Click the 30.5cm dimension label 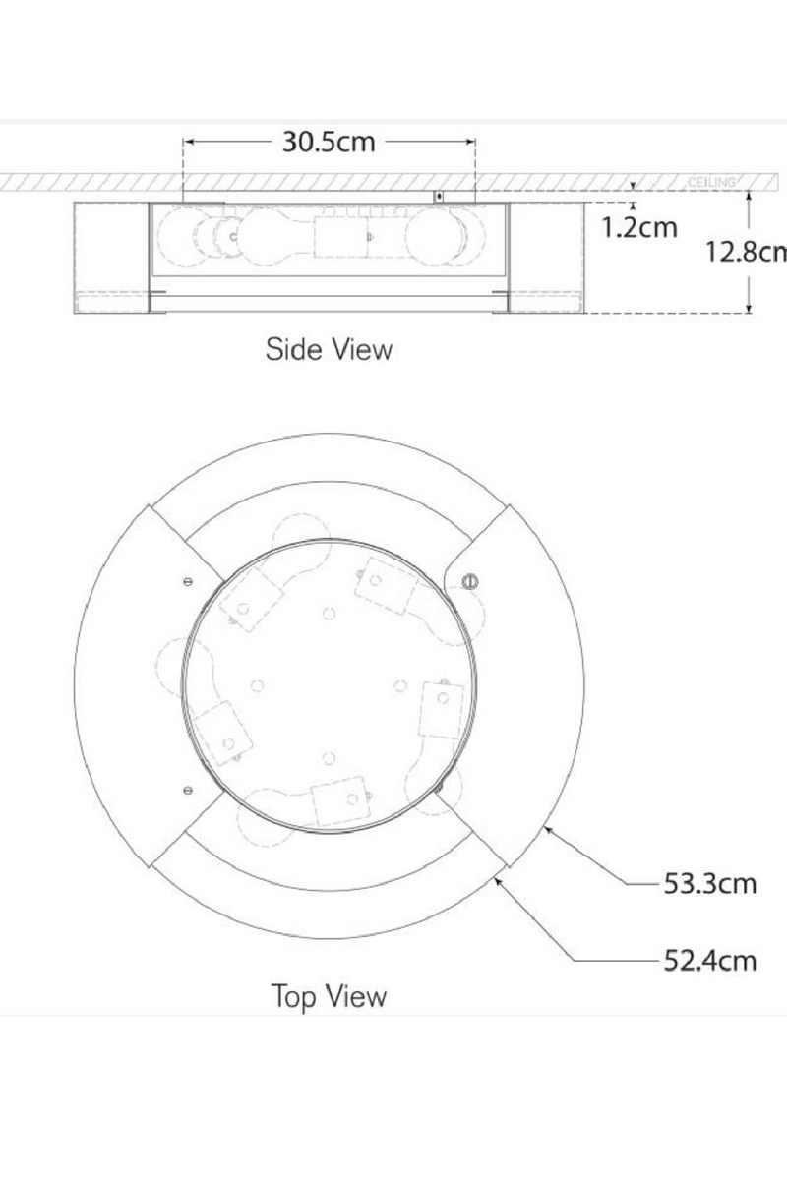tap(329, 142)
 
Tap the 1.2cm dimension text tap(639, 227)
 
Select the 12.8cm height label tap(745, 252)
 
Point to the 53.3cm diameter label tap(710, 883)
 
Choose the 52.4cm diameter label tap(710, 960)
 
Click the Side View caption tap(329, 349)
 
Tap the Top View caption tap(329, 996)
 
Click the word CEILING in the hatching tap(711, 183)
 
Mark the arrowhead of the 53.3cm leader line tap(547, 828)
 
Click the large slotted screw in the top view tap(469, 580)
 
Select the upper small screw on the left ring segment tap(187, 580)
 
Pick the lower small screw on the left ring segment tap(187, 789)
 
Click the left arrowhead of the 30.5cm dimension tap(188, 142)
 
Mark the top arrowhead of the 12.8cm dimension tap(750, 195)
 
